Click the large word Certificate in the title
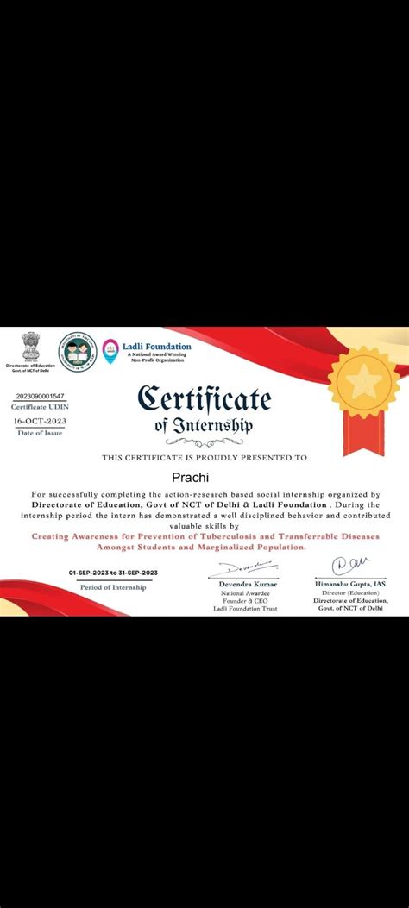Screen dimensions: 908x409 [x=204, y=398]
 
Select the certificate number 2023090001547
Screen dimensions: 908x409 [x=41, y=395]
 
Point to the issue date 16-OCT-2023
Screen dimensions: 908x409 [x=41, y=421]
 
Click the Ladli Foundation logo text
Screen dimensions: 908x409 [x=159, y=347]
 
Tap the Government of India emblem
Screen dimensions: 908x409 [x=30, y=346]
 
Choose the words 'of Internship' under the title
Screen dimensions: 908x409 [x=204, y=424]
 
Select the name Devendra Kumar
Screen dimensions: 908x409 [x=241, y=584]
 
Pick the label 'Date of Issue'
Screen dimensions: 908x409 [x=41, y=432]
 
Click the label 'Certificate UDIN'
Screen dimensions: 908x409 [x=41, y=406]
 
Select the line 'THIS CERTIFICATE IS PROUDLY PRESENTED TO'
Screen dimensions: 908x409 [x=204, y=457]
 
